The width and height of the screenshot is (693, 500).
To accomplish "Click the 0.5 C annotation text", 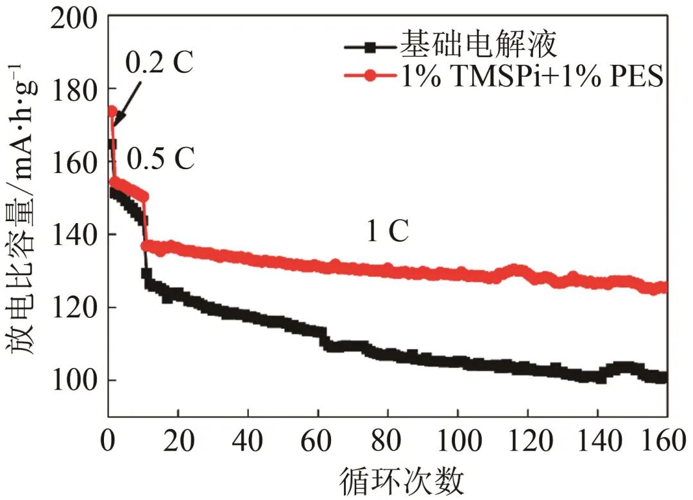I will pos(160,160).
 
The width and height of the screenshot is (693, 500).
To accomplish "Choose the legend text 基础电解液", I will pos(477,45).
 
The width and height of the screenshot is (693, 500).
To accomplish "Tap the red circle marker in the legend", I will pos(370,76).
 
